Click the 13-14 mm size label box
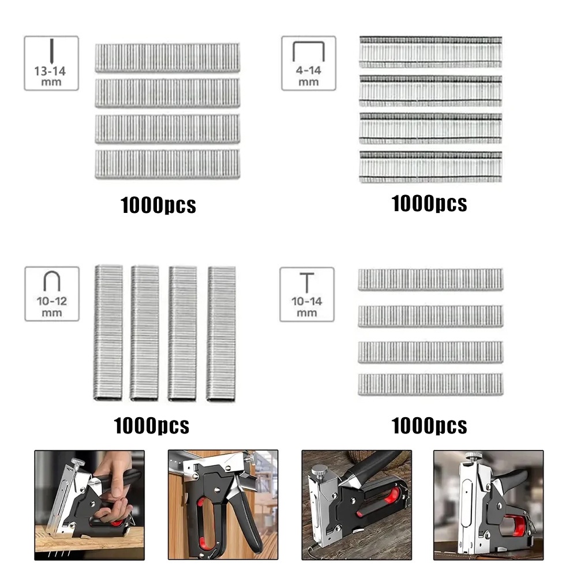click(x=51, y=63)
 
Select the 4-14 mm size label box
click(x=309, y=63)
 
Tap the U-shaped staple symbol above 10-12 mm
click(x=51, y=282)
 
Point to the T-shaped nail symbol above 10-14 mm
click(x=307, y=282)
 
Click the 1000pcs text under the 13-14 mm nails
click(x=158, y=205)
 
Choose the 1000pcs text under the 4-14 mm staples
click(x=429, y=203)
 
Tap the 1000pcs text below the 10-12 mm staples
click(x=151, y=426)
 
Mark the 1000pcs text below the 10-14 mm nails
click(x=429, y=426)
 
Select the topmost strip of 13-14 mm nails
click(x=167, y=58)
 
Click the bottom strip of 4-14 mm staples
click(x=430, y=167)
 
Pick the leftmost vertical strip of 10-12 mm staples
click(x=108, y=333)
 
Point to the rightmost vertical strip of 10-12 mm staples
click(x=221, y=333)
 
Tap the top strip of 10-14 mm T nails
click(x=430, y=279)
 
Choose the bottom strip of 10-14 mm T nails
click(x=430, y=384)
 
